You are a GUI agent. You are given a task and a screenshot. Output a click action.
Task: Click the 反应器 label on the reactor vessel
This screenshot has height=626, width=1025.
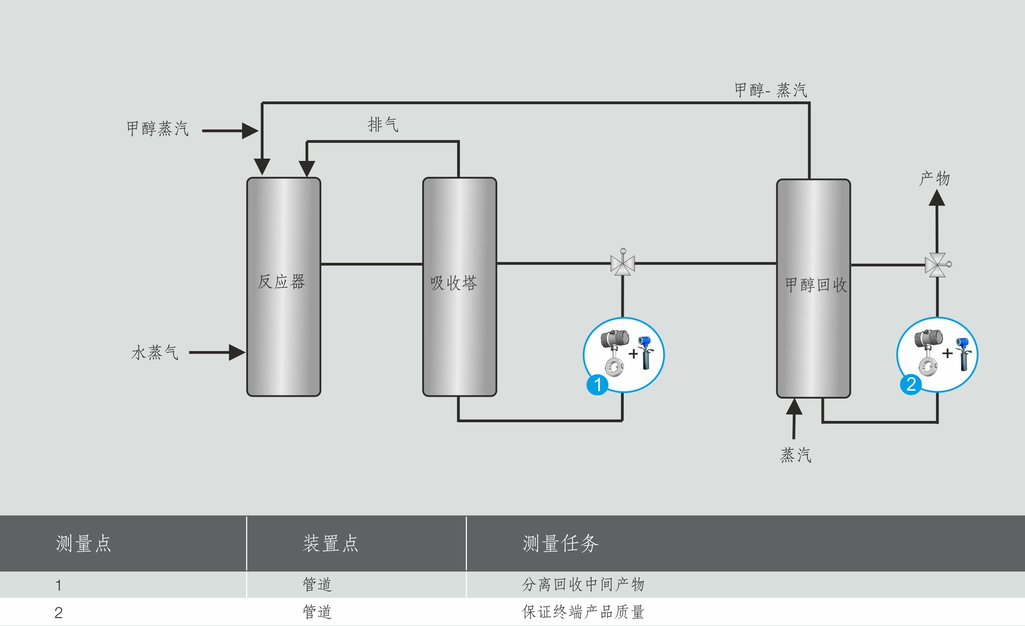[281, 281]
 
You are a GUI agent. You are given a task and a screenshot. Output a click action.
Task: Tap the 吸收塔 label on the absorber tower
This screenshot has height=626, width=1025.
[454, 283]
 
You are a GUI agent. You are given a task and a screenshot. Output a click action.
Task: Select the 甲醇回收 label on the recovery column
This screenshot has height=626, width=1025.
[816, 285]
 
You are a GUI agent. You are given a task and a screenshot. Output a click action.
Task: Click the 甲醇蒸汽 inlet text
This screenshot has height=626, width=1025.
[157, 128]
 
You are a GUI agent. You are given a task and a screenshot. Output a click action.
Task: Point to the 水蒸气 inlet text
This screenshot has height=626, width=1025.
[155, 353]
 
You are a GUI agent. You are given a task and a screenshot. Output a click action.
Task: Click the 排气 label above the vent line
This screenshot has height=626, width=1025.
[383, 124]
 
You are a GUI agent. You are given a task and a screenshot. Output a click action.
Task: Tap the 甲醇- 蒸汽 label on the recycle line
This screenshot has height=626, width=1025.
[770, 90]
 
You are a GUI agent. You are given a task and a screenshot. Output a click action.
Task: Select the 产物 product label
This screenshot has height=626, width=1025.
[934, 178]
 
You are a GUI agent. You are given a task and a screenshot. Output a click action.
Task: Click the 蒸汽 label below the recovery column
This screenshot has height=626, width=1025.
[796, 455]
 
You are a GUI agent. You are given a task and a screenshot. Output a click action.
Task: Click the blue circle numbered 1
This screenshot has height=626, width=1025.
[597, 384]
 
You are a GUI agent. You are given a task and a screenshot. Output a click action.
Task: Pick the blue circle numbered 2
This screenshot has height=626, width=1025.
[911, 384]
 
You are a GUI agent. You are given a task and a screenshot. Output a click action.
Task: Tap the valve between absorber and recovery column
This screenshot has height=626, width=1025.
[622, 264]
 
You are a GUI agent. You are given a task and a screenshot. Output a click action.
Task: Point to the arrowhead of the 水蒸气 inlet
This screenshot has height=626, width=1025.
[237, 353]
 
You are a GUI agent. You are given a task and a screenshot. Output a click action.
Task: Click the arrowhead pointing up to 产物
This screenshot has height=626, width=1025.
[937, 198]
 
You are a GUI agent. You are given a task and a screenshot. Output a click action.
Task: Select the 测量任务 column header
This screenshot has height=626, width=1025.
[560, 543]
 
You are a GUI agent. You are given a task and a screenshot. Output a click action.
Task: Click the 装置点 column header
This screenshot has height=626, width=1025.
[330, 543]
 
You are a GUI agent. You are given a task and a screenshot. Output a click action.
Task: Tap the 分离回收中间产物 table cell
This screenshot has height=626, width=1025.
[583, 585]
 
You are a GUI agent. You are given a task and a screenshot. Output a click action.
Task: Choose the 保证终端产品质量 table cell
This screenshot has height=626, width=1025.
[583, 612]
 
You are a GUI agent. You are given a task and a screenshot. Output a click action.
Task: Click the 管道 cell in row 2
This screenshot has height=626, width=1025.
[317, 612]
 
